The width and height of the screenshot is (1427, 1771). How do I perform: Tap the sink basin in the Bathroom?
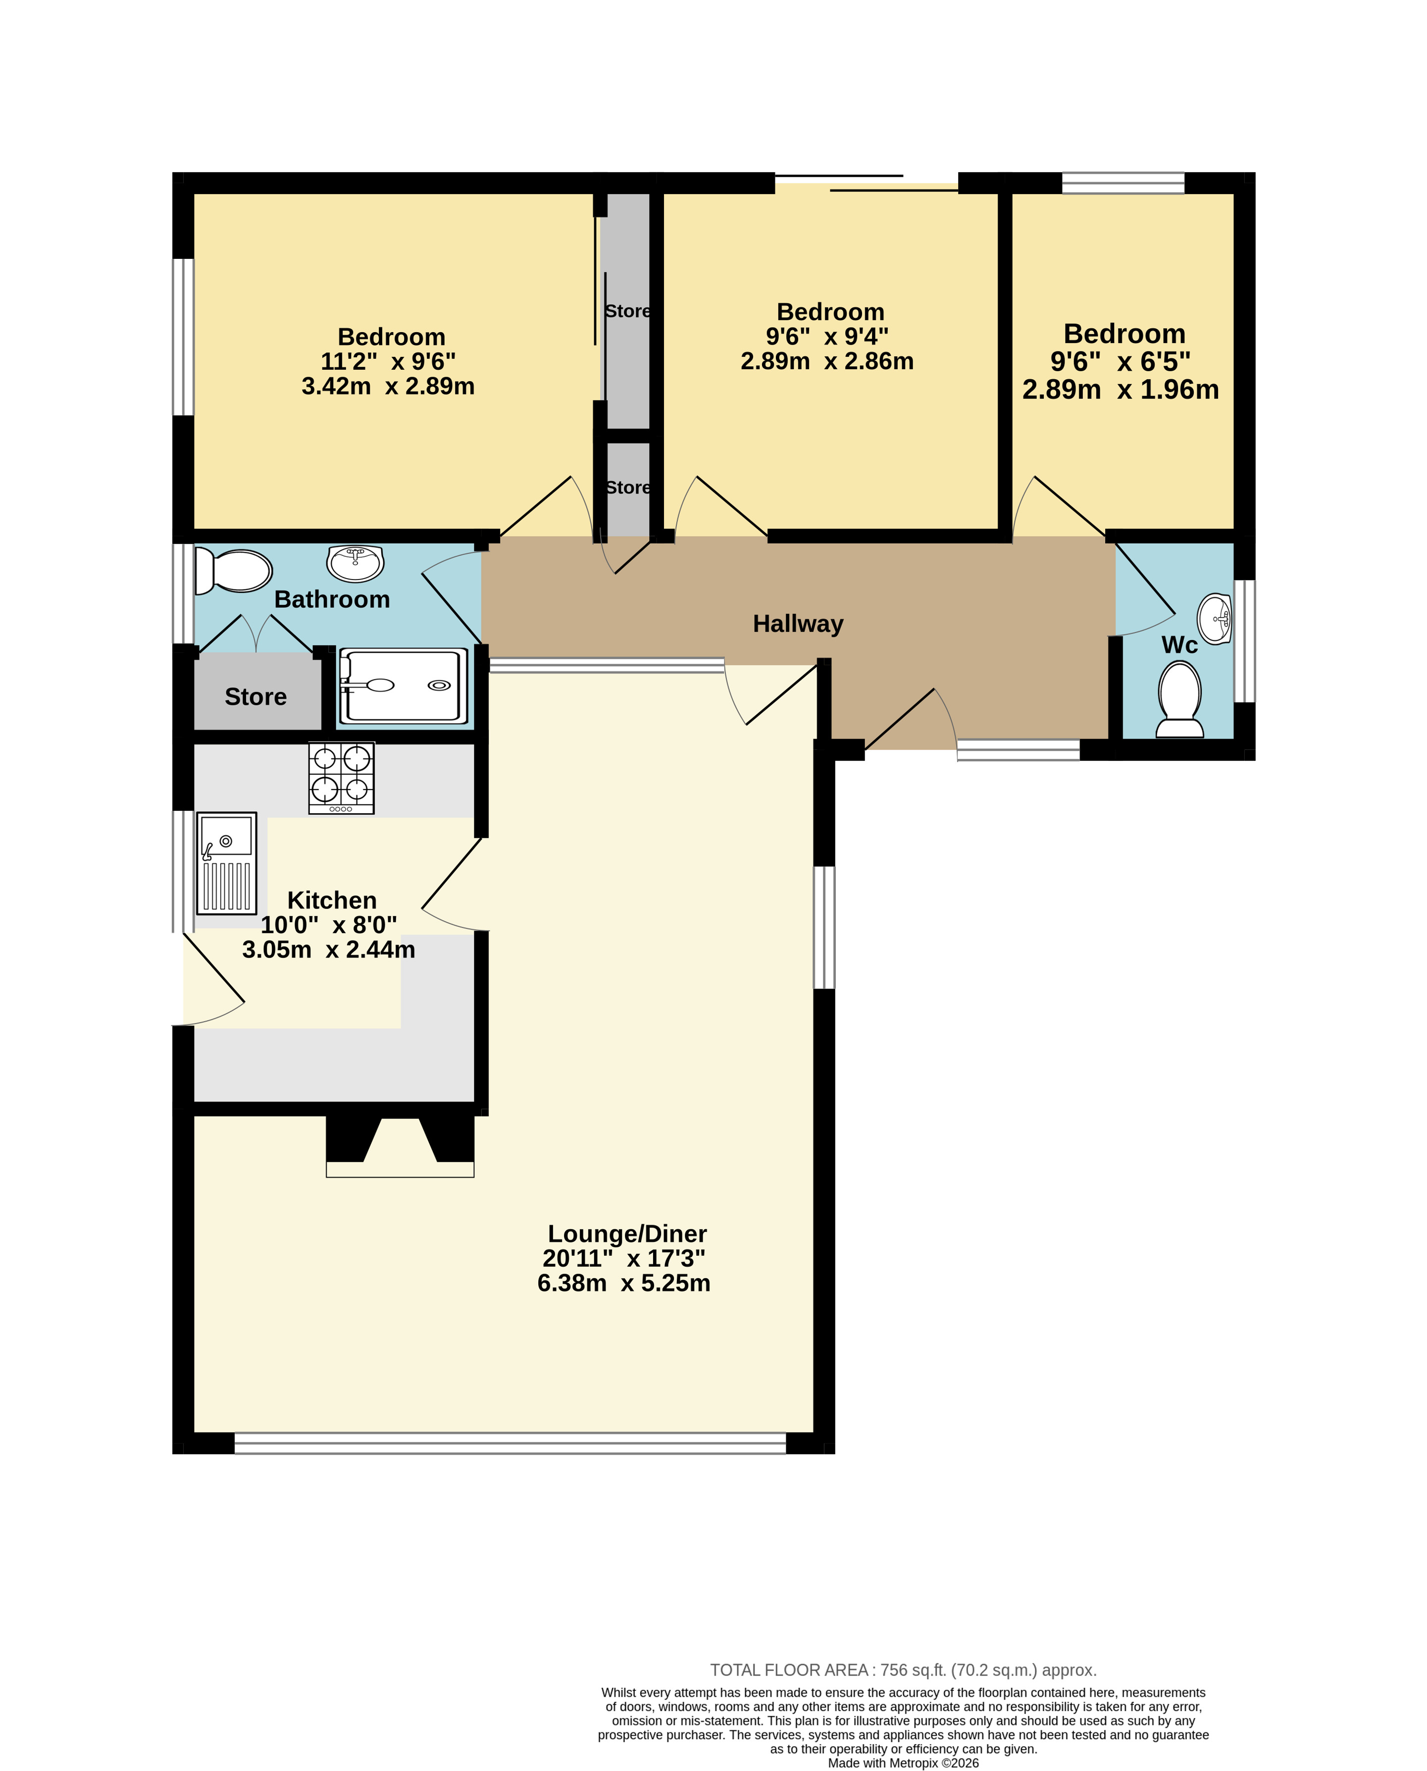[355, 563]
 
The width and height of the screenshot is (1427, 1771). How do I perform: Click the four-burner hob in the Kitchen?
[341, 778]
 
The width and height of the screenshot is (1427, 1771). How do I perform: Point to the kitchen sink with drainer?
[226, 863]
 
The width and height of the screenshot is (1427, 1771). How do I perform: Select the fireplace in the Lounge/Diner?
[400, 1146]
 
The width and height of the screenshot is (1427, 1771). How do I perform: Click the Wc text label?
[1179, 645]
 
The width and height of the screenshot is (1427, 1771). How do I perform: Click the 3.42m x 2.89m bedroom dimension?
[388, 386]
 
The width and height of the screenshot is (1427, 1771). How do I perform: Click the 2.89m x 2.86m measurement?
[827, 361]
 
